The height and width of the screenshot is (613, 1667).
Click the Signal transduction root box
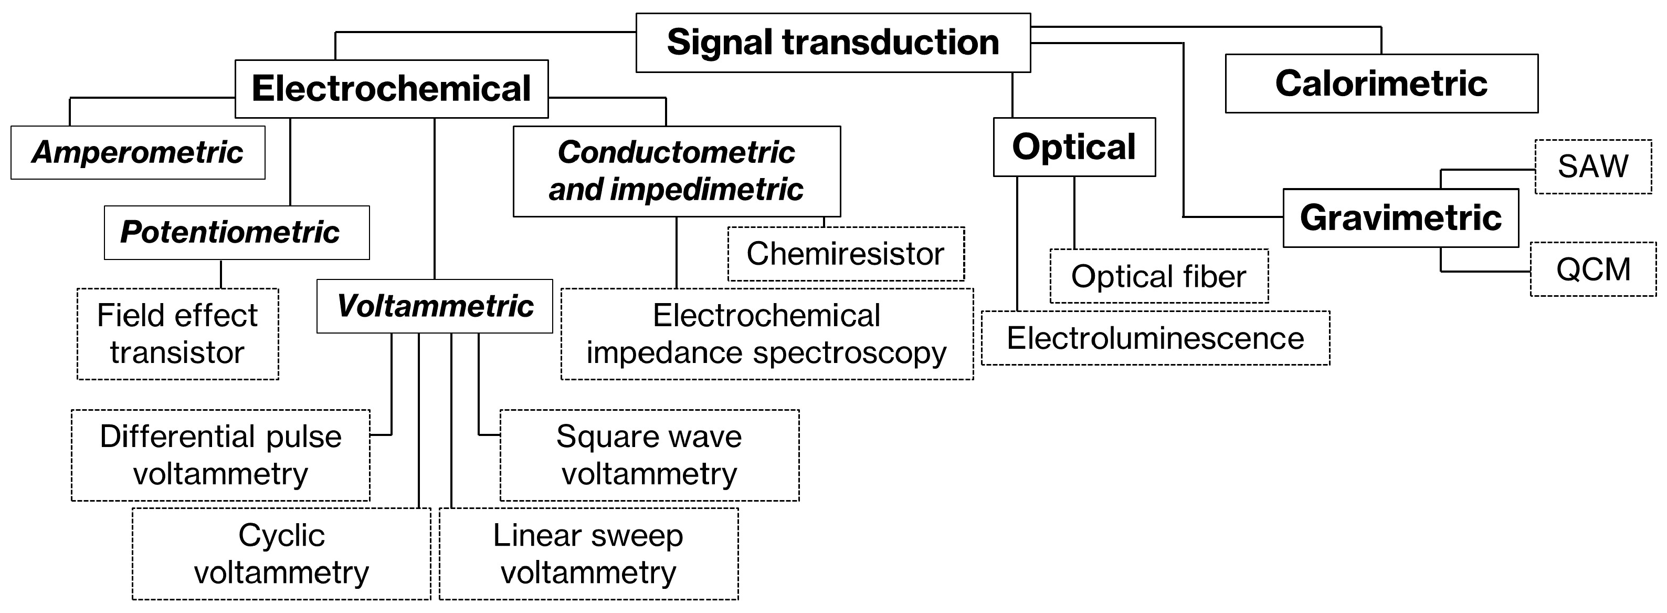(x=833, y=43)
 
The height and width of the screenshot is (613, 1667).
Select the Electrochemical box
(x=392, y=89)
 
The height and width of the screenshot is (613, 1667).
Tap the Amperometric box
(x=138, y=153)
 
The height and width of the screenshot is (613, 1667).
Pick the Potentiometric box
(x=237, y=232)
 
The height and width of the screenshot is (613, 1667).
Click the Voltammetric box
(x=435, y=306)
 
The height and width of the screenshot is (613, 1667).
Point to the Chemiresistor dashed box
(x=846, y=254)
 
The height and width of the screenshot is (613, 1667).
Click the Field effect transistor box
(x=178, y=334)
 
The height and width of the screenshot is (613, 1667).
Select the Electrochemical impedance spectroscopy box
(x=767, y=334)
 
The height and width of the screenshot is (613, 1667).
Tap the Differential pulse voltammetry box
(x=220, y=455)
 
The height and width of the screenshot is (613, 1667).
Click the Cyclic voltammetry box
(x=281, y=554)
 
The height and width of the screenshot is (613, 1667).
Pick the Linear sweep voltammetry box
(x=588, y=554)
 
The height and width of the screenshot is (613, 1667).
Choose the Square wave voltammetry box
(x=649, y=455)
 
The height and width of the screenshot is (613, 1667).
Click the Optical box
(x=1074, y=147)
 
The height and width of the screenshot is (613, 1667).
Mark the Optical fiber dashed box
(x=1158, y=276)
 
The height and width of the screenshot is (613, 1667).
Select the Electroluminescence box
(x=1155, y=338)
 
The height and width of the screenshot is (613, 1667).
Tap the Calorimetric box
(x=1381, y=84)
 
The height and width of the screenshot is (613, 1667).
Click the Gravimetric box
(x=1400, y=218)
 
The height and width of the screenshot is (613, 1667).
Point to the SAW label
(x=1592, y=167)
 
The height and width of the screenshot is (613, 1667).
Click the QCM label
(x=1592, y=269)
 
